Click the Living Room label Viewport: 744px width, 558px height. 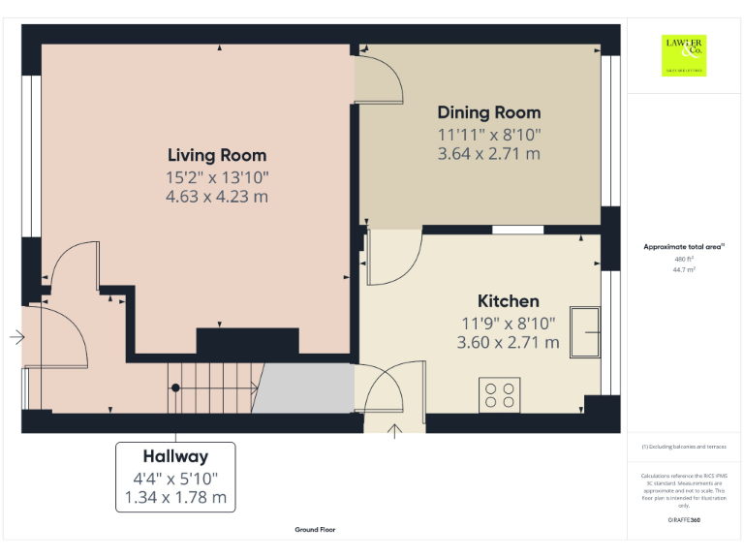pos(217,155)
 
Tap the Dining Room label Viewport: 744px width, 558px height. pos(488,112)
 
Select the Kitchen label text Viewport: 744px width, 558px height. pos(508,300)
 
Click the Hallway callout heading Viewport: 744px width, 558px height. pos(175,455)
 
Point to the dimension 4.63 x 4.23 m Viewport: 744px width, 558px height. pos(217,197)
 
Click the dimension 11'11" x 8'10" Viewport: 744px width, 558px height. pos(488,135)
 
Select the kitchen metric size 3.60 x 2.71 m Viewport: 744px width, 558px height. pos(508,342)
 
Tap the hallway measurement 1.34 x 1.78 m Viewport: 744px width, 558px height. pos(175,498)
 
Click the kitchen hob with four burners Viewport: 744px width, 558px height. pos(500,395)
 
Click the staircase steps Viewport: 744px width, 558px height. pos(213,387)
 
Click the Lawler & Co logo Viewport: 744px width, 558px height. pos(684,55)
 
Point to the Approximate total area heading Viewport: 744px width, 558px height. pos(684,247)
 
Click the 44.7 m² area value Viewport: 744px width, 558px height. pos(684,270)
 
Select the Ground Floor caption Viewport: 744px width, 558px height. pos(316,530)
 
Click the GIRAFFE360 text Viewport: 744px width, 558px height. pos(684,520)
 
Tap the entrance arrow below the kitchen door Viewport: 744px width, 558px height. pos(395,430)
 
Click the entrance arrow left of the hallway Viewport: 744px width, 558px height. pos(16,338)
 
